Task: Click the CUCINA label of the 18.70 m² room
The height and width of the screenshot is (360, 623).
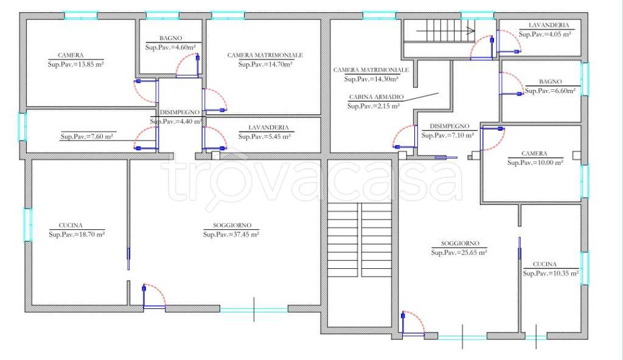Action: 71,225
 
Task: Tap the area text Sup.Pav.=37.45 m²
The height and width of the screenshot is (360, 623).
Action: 231,235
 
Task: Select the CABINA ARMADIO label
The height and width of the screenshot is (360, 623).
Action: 376,97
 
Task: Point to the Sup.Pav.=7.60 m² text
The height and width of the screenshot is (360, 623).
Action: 86,136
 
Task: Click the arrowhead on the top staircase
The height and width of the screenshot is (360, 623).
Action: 472,30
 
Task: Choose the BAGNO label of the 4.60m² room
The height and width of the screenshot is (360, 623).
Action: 171,38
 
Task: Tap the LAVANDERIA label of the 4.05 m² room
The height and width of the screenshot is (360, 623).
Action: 549,25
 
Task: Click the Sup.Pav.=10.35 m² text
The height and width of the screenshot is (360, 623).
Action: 551,274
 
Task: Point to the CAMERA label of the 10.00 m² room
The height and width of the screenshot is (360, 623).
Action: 534,153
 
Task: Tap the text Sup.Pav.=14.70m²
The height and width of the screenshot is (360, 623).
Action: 265,64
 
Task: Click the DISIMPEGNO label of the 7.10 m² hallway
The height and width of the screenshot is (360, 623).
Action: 450,126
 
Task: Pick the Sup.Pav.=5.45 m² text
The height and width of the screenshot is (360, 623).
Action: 264,136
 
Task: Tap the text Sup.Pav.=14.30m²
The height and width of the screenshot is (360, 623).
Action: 372,79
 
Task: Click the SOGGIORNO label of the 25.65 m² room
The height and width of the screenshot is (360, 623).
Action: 460,243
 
